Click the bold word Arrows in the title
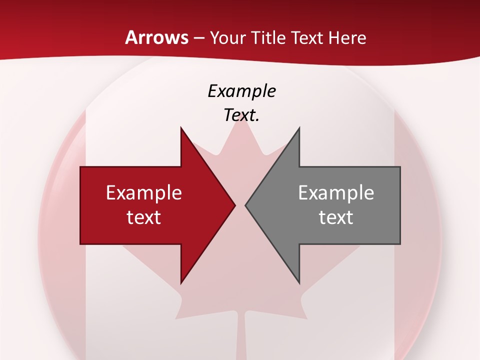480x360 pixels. pyautogui.click(x=156, y=37)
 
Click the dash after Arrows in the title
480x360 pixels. pyautogui.click(x=198, y=38)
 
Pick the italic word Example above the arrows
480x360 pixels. pyautogui.click(x=241, y=91)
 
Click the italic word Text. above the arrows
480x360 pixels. pyautogui.click(x=241, y=115)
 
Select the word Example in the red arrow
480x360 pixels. pyautogui.click(x=144, y=192)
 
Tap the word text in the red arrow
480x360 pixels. pyautogui.click(x=144, y=217)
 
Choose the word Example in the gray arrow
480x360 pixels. pyautogui.click(x=336, y=192)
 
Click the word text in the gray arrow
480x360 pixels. pyautogui.click(x=336, y=217)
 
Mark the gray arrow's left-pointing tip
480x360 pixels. pyautogui.click(x=246, y=205)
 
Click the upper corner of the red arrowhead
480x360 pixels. pyautogui.click(x=181, y=128)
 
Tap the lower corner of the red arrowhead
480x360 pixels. pyautogui.click(x=181, y=282)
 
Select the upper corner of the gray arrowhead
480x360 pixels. pyautogui.click(x=299, y=128)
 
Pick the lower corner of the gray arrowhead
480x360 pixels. pyautogui.click(x=299, y=282)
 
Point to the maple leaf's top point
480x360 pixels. pyautogui.click(x=243, y=122)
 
